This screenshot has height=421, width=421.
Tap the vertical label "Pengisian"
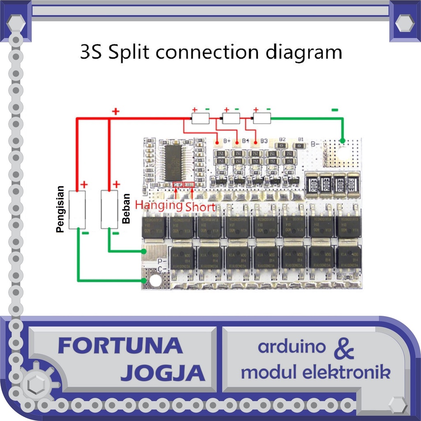60,209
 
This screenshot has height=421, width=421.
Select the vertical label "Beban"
126,208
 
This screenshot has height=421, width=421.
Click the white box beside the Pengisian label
77,210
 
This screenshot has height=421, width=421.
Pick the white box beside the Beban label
109,210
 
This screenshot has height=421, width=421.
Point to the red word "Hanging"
159,205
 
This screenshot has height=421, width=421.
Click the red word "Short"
200,207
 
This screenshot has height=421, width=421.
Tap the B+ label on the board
227,141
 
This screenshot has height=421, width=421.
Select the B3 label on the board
264,141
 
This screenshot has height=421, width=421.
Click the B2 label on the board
282,139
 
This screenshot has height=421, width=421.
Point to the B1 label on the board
301,139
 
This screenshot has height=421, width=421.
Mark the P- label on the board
162,261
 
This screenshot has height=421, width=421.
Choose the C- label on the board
162,269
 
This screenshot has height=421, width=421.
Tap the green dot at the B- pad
342,141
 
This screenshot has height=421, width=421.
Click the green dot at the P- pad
144,251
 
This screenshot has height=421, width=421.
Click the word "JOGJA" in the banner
163,372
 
